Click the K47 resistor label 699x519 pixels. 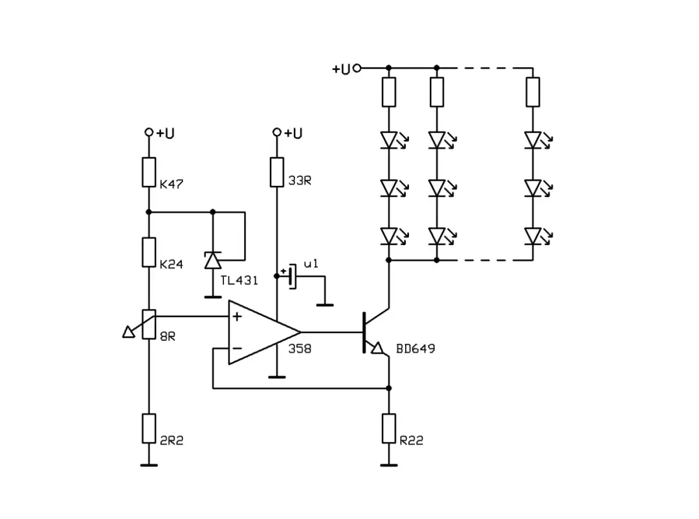tap(171, 185)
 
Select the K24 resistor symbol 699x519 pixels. tap(149, 252)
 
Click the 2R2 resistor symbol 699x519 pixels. tap(149, 428)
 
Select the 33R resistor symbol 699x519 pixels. tap(277, 172)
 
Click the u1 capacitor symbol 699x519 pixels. tap(292, 277)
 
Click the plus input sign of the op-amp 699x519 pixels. tap(237, 317)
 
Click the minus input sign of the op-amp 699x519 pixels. tap(237, 349)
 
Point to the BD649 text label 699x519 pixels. tap(416, 349)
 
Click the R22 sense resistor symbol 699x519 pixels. tap(388, 428)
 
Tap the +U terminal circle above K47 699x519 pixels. tap(149, 132)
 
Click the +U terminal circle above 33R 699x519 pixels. tap(277, 132)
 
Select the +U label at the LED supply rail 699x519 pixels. tap(341, 69)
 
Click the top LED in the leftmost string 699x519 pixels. tap(388, 140)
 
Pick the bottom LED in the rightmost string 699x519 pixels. tap(533, 236)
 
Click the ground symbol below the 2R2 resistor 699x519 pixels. tap(149, 464)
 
